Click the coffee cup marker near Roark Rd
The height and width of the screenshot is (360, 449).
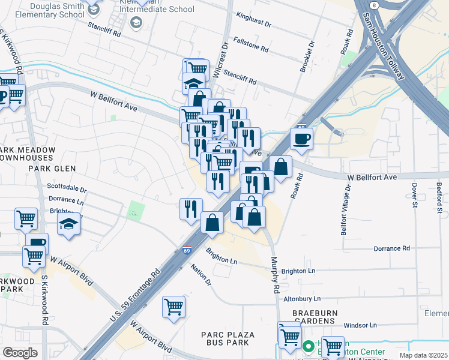tap(301, 139)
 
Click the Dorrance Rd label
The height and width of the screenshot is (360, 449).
tap(391, 248)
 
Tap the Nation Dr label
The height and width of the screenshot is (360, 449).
tap(202, 274)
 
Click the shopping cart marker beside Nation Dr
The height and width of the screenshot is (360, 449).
tap(173, 307)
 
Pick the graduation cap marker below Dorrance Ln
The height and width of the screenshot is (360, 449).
tap(69, 224)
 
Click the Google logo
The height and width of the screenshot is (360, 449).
tap(20, 353)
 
